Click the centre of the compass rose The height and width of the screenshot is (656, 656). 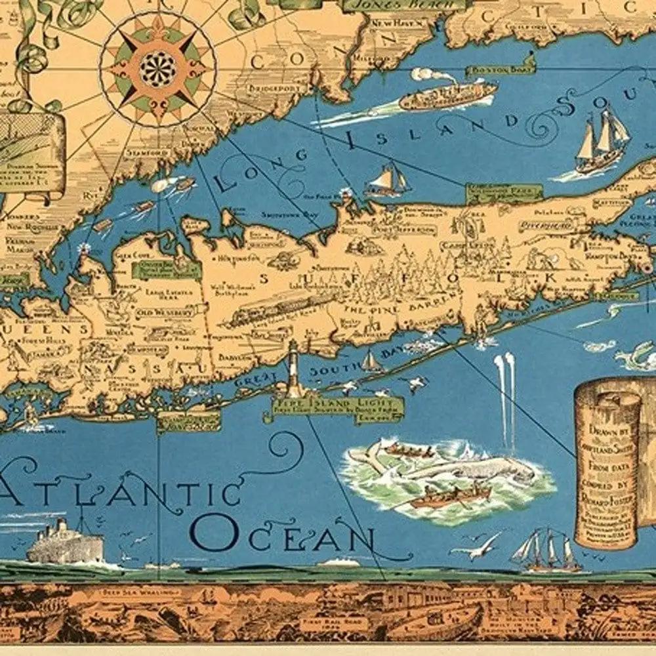click(x=158, y=68)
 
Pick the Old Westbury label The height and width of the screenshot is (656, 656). click(x=165, y=314)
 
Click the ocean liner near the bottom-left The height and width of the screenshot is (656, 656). click(x=66, y=543)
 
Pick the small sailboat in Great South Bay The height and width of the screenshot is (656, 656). click(x=371, y=361)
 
